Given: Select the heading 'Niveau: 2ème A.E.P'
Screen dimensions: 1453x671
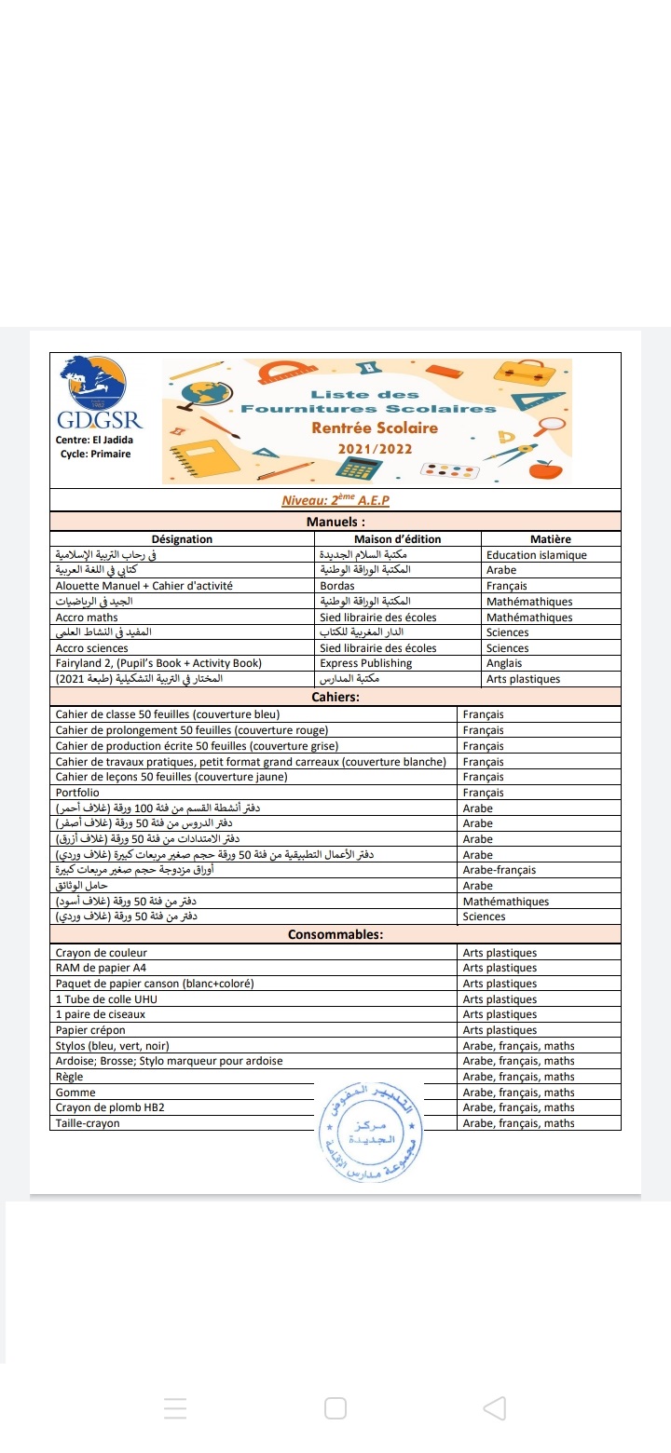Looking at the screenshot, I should [x=335, y=500].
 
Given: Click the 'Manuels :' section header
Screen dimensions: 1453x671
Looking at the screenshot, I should [x=335, y=522].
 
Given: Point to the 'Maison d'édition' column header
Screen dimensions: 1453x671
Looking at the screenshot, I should [x=398, y=539].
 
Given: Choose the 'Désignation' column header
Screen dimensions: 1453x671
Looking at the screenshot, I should [x=182, y=539].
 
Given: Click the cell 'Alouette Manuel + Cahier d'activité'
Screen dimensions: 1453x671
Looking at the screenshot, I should [x=144, y=586].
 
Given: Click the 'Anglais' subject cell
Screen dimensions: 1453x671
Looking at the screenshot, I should [x=505, y=663].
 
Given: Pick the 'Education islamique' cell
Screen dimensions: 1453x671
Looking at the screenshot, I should [x=537, y=555].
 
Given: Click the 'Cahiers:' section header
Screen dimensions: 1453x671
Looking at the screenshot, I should [x=335, y=697].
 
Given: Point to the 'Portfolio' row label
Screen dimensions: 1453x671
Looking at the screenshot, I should [x=77, y=793].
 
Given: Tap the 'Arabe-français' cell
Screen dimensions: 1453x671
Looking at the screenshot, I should [x=500, y=870].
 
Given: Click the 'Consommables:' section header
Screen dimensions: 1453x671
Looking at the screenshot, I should [x=335, y=934].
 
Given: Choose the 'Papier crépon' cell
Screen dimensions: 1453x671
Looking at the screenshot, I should [x=90, y=1030].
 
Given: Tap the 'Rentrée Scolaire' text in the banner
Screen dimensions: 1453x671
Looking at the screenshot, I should [x=375, y=428].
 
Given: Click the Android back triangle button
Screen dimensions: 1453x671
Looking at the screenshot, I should [x=495, y=1407].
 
